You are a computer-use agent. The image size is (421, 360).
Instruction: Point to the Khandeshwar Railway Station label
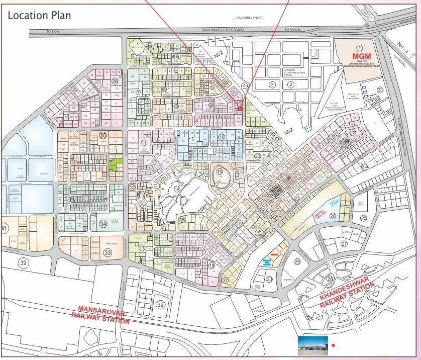click(x=347, y=294)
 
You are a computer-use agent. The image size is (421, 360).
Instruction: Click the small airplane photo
click(x=312, y=343)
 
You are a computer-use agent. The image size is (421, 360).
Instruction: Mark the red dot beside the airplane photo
click(x=333, y=345)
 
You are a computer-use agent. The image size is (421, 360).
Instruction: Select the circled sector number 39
click(x=24, y=262)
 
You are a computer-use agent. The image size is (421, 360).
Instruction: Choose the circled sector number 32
click(x=160, y=304)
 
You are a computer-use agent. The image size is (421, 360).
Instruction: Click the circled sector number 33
click(x=107, y=252)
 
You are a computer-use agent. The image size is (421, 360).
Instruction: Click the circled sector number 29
click(x=297, y=261)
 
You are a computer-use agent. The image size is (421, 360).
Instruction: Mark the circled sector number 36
click(x=115, y=80)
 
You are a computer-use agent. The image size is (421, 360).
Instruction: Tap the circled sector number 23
click(x=380, y=90)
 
